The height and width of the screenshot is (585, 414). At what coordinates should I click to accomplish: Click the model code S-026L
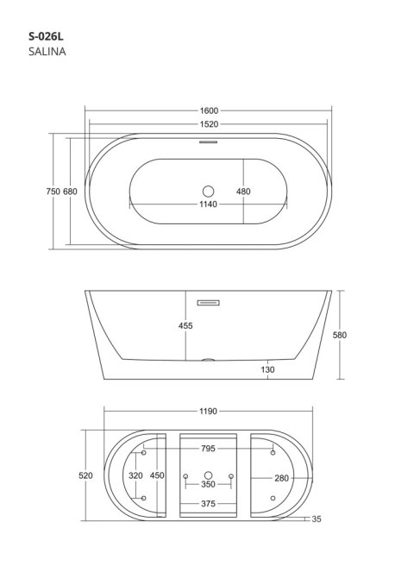click(x=46, y=36)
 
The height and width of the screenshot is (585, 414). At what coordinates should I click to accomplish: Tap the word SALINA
click(x=47, y=52)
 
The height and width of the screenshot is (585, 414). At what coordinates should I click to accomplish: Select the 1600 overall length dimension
click(x=209, y=110)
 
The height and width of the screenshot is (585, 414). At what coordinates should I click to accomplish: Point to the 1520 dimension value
click(x=209, y=124)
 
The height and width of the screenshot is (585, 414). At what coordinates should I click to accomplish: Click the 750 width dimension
click(x=53, y=192)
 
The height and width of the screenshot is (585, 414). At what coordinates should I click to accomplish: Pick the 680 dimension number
click(x=70, y=192)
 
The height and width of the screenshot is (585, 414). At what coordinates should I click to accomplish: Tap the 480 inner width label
click(x=243, y=192)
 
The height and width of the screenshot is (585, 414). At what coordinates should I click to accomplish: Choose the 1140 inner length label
click(x=208, y=204)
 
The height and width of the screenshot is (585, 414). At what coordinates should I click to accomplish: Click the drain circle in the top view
click(x=208, y=192)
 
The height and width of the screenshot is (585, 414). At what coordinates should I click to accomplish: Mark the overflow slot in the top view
click(x=208, y=142)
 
